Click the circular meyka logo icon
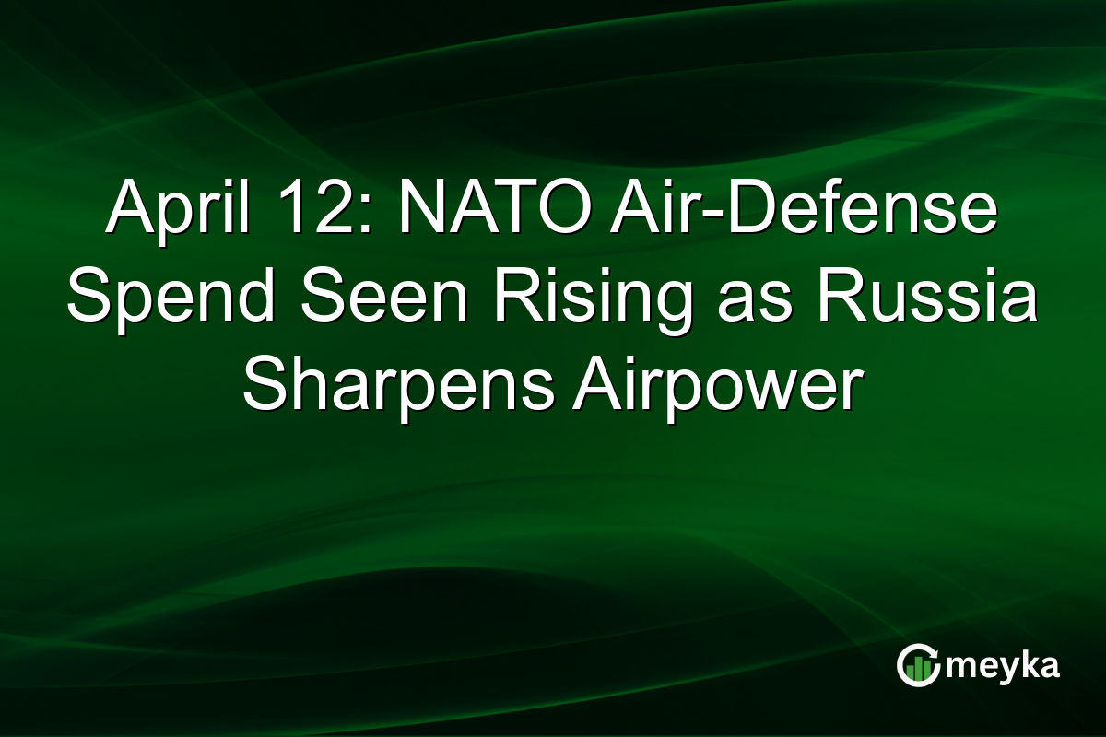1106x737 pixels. point(916,666)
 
